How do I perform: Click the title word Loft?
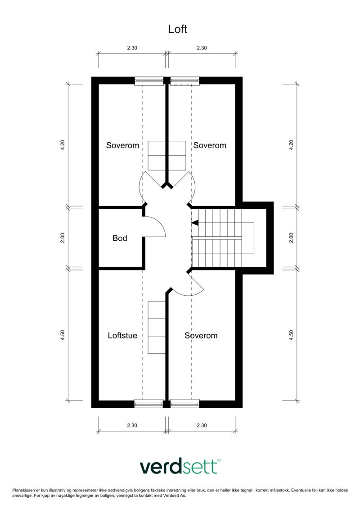coord(177,29)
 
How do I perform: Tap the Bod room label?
coord(120,238)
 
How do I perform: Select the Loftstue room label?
coord(122,335)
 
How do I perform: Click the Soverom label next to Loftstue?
coord(201,335)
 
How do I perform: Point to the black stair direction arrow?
coord(194,222)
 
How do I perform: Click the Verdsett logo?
coord(179,467)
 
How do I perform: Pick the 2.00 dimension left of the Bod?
coord(63,238)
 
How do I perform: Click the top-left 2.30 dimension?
coord(132,48)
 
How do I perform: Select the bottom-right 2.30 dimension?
coord(202,425)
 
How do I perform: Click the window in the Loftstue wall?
coord(149,403)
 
